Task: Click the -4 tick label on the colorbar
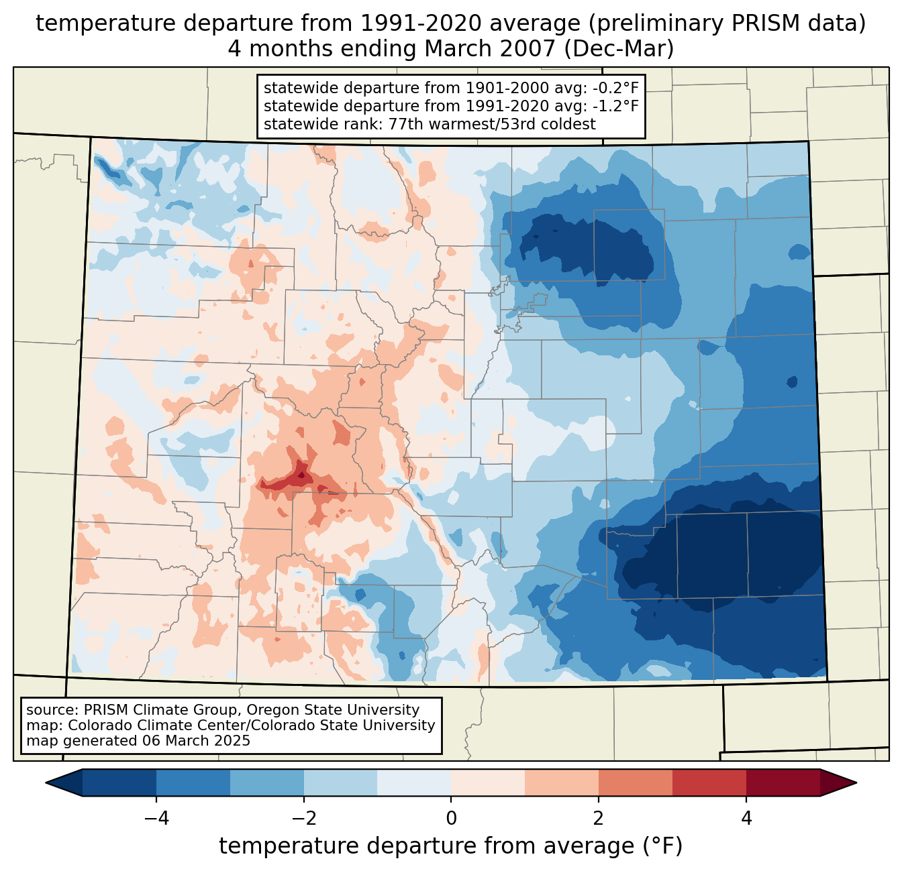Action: click(156, 818)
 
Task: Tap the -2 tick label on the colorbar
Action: click(303, 818)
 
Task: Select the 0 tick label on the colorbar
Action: click(451, 818)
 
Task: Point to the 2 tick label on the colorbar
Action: click(599, 818)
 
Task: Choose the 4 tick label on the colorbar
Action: click(746, 818)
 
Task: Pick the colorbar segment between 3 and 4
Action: click(709, 782)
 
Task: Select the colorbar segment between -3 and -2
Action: click(266, 782)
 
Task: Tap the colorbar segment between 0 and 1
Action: click(488, 782)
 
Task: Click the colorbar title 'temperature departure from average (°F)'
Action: click(451, 846)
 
